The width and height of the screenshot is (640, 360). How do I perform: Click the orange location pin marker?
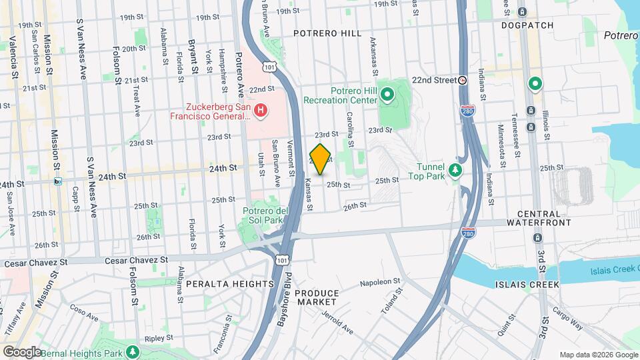(x=321, y=159)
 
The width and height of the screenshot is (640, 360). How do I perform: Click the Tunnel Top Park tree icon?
(x=456, y=171)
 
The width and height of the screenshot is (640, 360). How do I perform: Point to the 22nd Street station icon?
(x=463, y=79)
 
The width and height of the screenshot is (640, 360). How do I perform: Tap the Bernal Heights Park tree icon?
(x=133, y=350)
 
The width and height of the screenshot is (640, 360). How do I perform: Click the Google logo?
(x=21, y=351)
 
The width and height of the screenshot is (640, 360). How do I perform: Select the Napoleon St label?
(x=379, y=282)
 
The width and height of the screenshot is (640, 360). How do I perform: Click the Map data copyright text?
(x=597, y=355)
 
